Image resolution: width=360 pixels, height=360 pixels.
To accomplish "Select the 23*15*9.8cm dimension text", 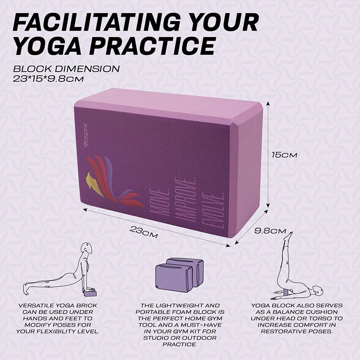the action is click(48, 79).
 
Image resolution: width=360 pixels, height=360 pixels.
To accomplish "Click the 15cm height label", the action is click(284, 155).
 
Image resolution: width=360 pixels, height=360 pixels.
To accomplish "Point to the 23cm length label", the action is click(144, 232).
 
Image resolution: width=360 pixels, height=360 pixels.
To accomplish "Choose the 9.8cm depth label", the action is click(270, 231).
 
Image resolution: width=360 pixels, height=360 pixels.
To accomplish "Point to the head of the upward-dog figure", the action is click(87, 248).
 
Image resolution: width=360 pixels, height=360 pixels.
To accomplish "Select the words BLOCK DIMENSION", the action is click(66, 69).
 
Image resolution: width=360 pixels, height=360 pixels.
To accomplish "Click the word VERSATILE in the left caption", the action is click(37, 306).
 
